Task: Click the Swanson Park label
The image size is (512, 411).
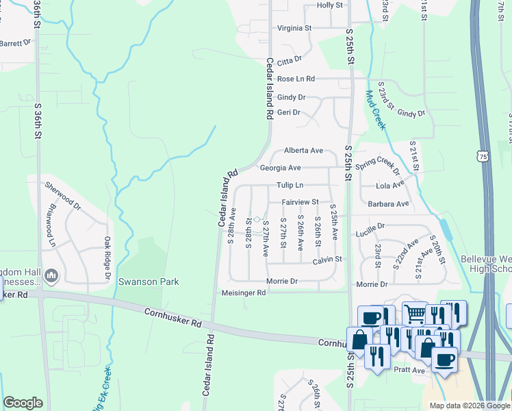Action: tap(149, 282)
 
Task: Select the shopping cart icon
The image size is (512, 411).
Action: tap(414, 314)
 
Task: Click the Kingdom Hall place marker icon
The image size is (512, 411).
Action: tap(51, 276)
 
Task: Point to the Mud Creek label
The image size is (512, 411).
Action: tap(376, 110)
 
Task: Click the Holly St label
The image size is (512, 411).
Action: tap(329, 5)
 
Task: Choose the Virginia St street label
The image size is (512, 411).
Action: tap(294, 28)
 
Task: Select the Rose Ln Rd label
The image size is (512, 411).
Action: tap(291, 79)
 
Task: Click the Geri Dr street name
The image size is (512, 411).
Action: tap(288, 112)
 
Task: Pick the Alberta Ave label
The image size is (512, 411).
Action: tap(303, 151)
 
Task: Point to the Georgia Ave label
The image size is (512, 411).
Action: tap(280, 168)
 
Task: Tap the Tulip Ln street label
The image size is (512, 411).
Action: tap(290, 186)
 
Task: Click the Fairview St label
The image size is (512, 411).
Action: tap(300, 202)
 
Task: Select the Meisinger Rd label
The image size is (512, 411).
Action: tap(244, 292)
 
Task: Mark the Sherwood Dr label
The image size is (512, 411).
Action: tap(62, 195)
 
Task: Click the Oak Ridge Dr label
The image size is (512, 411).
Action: tap(107, 259)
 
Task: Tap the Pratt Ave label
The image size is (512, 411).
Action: tap(409, 370)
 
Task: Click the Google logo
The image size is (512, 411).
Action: tap(23, 403)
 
